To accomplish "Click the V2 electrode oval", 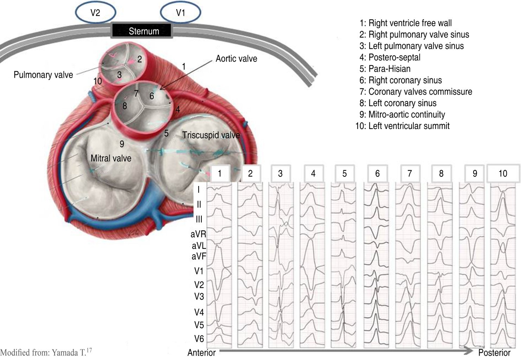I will click(95, 13).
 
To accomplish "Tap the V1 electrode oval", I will click(180, 13).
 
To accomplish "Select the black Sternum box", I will click(142, 31).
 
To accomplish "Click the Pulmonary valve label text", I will click(43, 75).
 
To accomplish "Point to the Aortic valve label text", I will click(236, 59).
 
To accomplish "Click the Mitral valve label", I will click(111, 158).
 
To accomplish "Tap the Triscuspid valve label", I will click(211, 135).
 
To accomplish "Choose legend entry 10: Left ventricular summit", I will click(403, 126).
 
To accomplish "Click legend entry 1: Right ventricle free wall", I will click(406, 23).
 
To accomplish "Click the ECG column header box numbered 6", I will click(377, 173).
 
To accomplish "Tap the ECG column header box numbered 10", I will click(503, 173).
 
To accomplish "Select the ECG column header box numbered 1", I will click(220, 173).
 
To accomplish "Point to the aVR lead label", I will click(198, 234).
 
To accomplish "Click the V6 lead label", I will click(199, 339).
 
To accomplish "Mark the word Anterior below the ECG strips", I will click(201, 353).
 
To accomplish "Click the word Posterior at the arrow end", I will click(494, 353).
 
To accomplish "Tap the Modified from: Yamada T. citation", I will click(46, 352).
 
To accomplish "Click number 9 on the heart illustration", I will click(122, 144).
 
